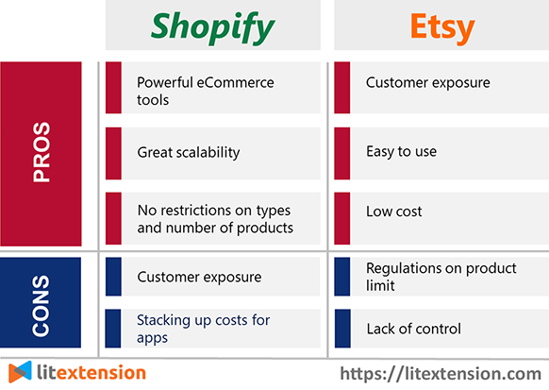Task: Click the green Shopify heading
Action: [x=213, y=27]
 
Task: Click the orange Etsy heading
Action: [x=442, y=27]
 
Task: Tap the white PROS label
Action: [x=42, y=152]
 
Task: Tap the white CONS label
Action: [x=41, y=306]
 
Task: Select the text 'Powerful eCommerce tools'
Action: [x=206, y=91]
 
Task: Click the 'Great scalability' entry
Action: [x=189, y=152]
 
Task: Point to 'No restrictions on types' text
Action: [x=214, y=211]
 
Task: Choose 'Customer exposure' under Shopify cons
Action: [x=199, y=278]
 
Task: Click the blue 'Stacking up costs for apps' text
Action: [x=203, y=329]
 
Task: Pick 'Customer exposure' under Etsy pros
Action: [x=428, y=83]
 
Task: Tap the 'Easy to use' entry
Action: [x=401, y=152]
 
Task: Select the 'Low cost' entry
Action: [x=394, y=212]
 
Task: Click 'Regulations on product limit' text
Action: [x=441, y=277]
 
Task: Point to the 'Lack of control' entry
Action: [x=413, y=329]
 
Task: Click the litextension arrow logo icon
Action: [x=20, y=372]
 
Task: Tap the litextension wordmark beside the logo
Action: [x=91, y=372]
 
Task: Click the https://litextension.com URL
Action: [x=441, y=374]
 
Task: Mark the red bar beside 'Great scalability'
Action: [x=113, y=154]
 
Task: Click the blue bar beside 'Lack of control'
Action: [x=342, y=329]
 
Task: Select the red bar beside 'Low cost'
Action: [x=342, y=218]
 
